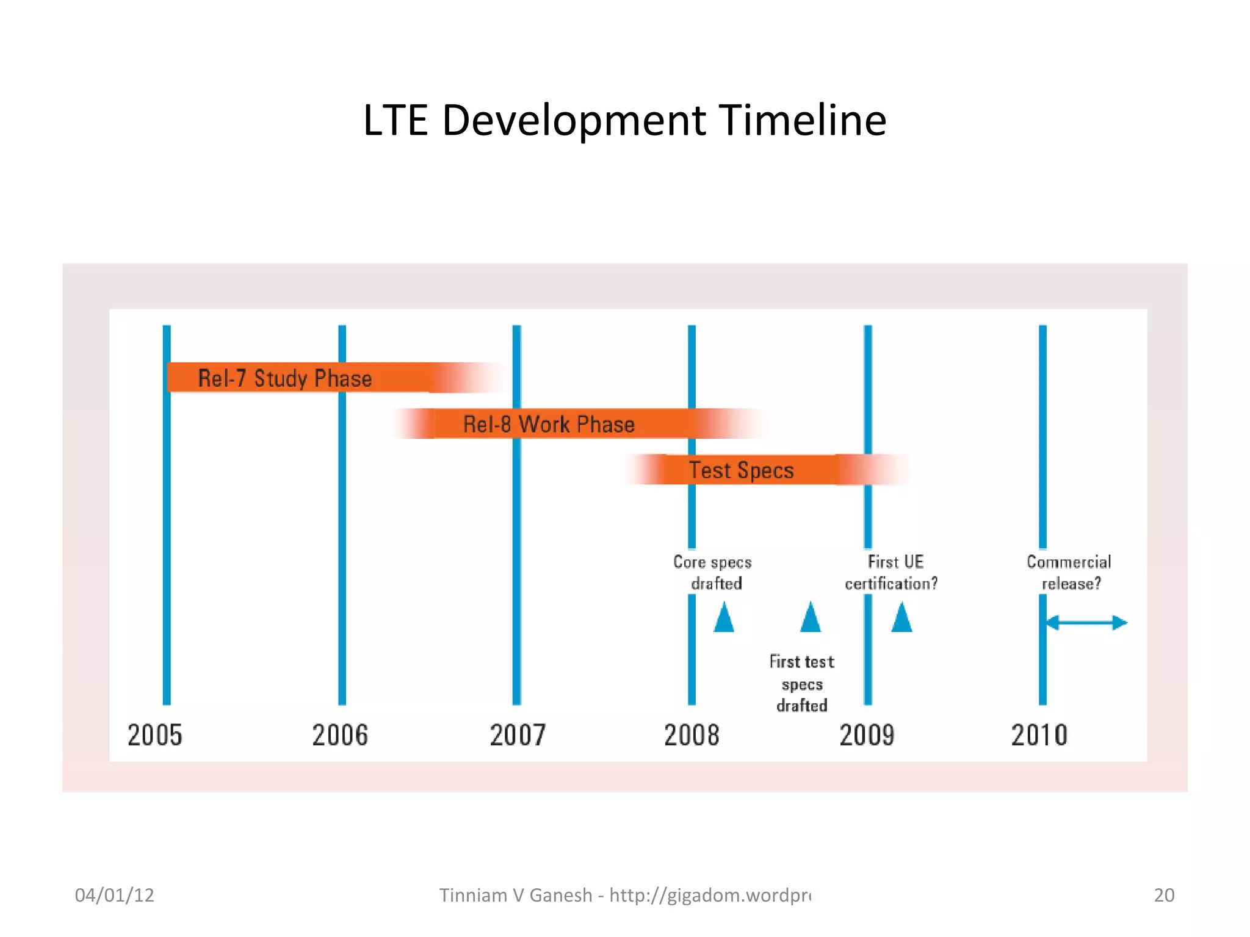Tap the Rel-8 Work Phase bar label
[548, 424]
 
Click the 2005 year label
[154, 735]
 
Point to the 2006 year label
[340, 735]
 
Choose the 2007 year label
[517, 735]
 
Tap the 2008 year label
[692, 735]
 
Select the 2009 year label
[867, 735]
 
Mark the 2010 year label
[1039, 735]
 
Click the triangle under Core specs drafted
[724, 617]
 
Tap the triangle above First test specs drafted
[811, 617]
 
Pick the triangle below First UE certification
[901, 617]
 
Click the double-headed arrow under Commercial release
[1086, 623]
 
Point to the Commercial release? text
[1069, 572]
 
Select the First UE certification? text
[892, 572]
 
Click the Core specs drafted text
[713, 572]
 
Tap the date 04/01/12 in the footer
[114, 895]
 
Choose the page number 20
[1164, 895]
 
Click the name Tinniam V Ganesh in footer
[516, 895]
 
